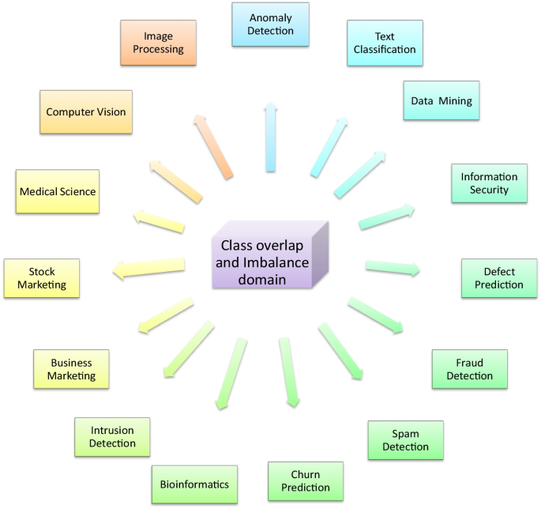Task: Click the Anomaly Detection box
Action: tap(270, 25)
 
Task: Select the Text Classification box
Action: tap(385, 43)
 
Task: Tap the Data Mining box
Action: tap(441, 100)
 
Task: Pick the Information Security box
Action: tap(489, 184)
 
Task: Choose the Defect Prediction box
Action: tap(499, 278)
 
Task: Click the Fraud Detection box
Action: tap(469, 369)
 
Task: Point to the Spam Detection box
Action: tap(405, 441)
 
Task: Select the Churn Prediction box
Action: tap(305, 481)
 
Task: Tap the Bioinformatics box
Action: tap(194, 484)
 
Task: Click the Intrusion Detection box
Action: tap(112, 437)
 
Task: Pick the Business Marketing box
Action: tap(71, 369)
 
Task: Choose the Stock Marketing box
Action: tap(42, 278)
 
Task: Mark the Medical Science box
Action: tap(58, 192)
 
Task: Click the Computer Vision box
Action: tap(85, 112)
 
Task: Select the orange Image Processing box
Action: tap(158, 43)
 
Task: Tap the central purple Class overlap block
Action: tap(264, 258)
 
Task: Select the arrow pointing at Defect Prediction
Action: tap(392, 268)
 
